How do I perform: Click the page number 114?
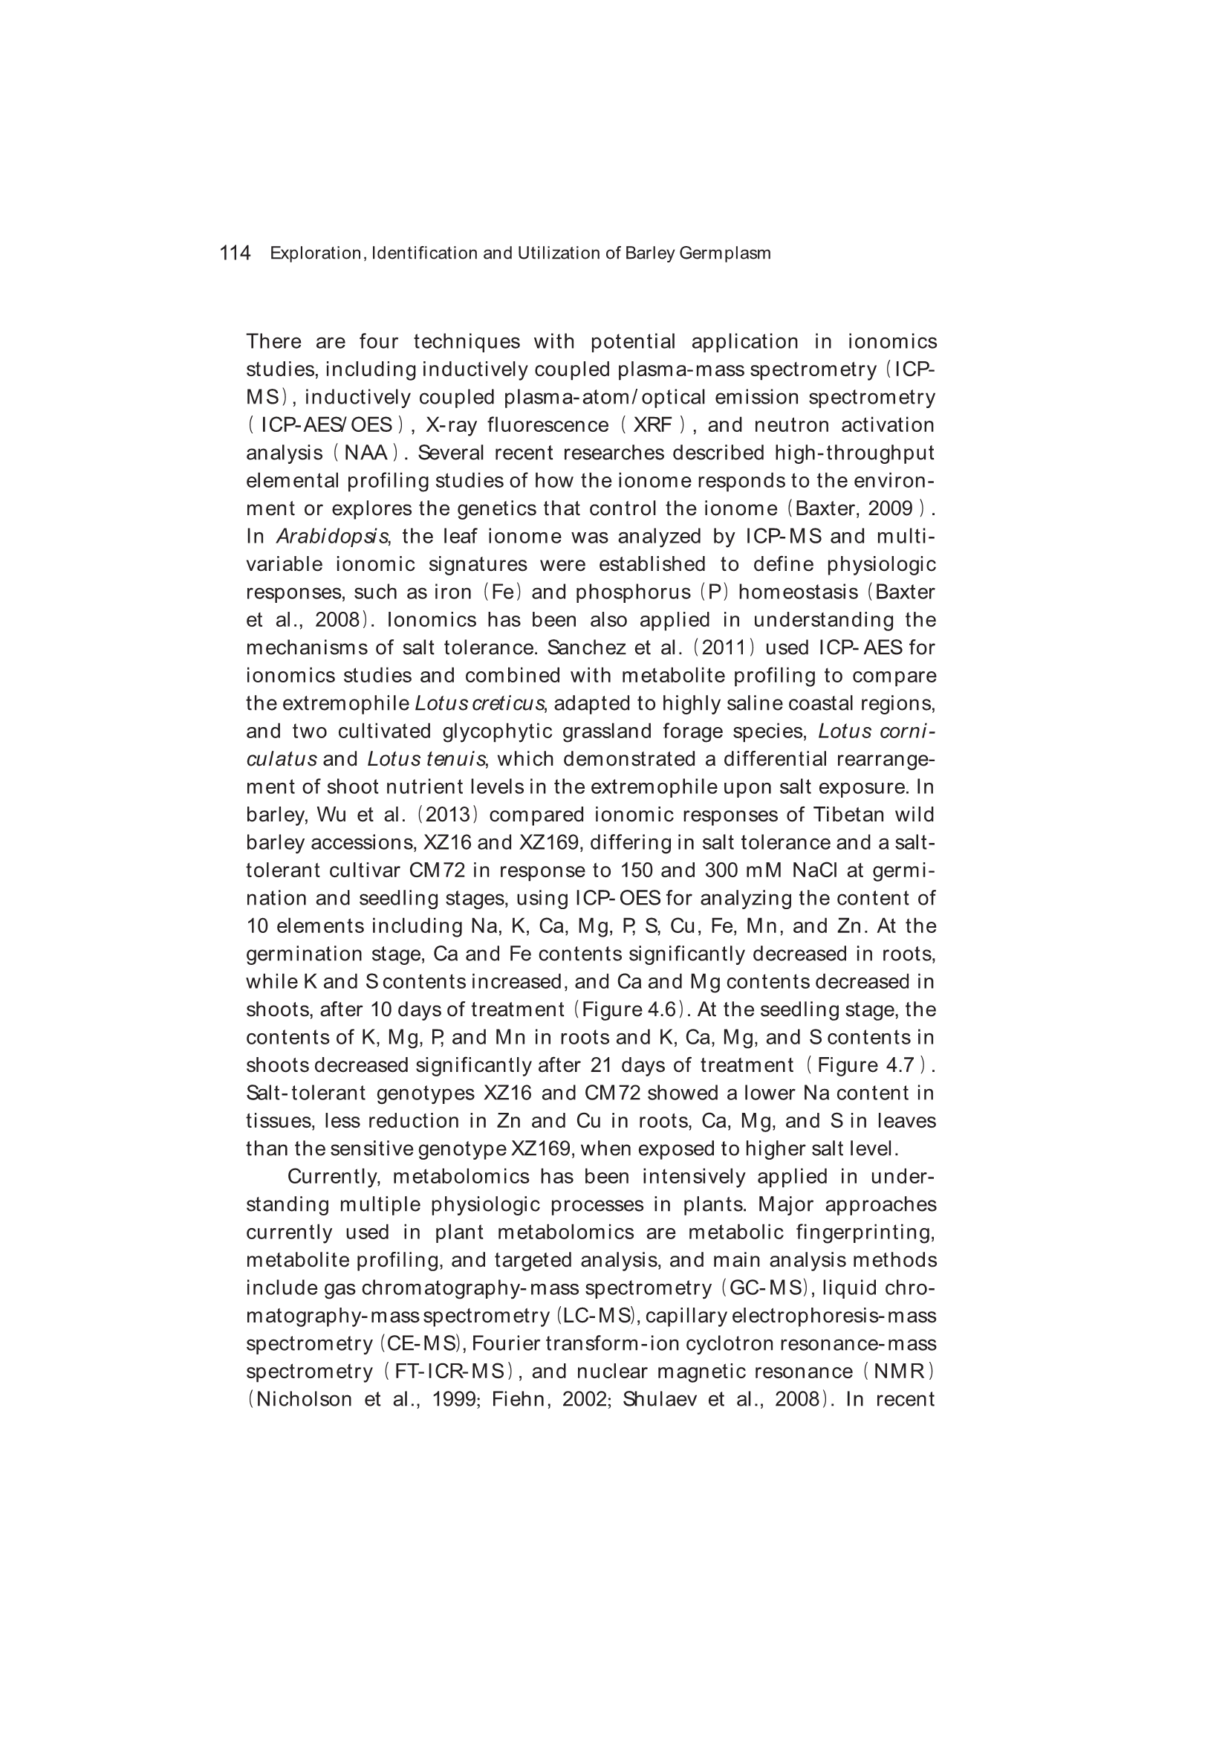click(x=235, y=253)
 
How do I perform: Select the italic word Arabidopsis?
click(x=332, y=537)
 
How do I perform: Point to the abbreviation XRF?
click(x=653, y=425)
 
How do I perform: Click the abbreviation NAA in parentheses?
click(x=366, y=453)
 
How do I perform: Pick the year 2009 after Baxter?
click(x=891, y=508)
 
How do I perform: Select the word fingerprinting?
click(x=865, y=1233)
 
